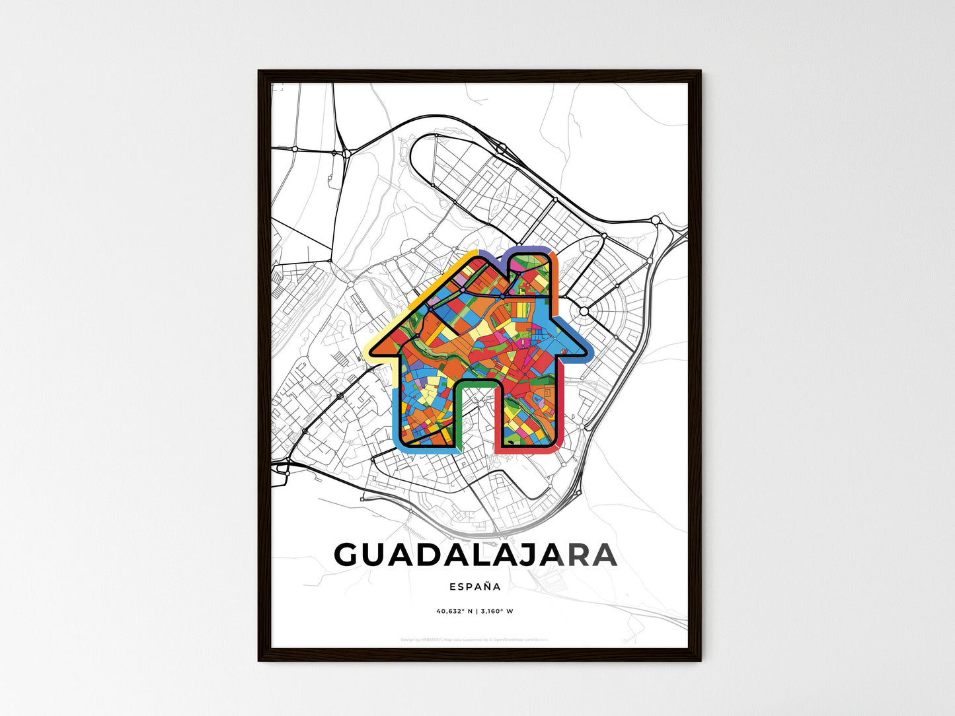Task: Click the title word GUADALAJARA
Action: [475, 555]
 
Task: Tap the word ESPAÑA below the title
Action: [475, 587]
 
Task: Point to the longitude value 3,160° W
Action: [498, 611]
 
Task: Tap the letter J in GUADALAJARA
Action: [537, 555]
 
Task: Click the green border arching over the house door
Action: [477, 382]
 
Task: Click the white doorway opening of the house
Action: [477, 416]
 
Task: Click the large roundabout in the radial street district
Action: [584, 310]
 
